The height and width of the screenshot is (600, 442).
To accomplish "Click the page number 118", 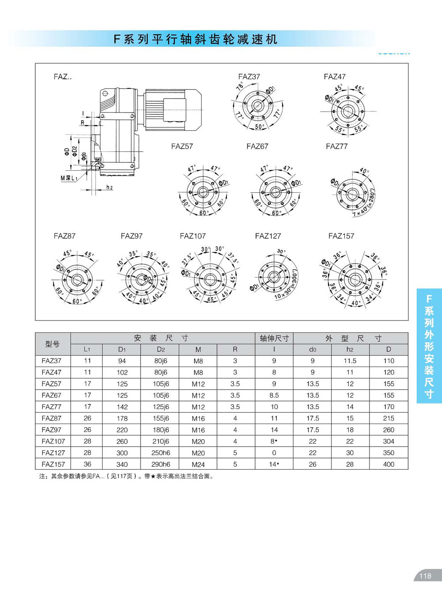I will click(x=425, y=576).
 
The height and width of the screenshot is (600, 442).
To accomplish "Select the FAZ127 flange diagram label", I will click(x=268, y=236).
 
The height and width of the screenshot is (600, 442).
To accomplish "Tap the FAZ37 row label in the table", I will click(x=52, y=361).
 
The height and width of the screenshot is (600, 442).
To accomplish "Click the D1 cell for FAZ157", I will click(x=122, y=464).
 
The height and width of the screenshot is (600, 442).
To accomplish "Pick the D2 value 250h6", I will click(x=160, y=453).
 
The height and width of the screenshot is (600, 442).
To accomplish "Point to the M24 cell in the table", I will click(x=198, y=464).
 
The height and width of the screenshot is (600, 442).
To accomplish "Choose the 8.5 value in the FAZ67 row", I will click(x=274, y=395).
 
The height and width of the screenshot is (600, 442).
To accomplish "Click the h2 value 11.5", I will click(x=350, y=361).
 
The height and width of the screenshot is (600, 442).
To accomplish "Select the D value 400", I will click(x=389, y=464).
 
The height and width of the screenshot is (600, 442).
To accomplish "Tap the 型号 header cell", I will click(x=52, y=344).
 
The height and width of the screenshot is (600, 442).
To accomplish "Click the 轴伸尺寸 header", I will click(x=274, y=338).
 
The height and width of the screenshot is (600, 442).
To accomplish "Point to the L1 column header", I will click(x=87, y=349).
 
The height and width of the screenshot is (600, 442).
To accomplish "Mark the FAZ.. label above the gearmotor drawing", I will click(x=62, y=76).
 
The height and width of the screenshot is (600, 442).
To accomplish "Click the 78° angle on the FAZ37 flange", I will click(x=240, y=86).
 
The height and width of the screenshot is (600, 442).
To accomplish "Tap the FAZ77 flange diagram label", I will click(x=337, y=146).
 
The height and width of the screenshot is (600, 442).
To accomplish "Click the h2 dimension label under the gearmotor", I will click(x=109, y=187).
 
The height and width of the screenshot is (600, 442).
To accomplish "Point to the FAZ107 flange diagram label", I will click(x=193, y=236).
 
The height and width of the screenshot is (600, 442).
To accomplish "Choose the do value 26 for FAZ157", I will click(x=312, y=464).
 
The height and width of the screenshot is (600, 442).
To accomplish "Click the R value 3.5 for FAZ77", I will click(x=235, y=407).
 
